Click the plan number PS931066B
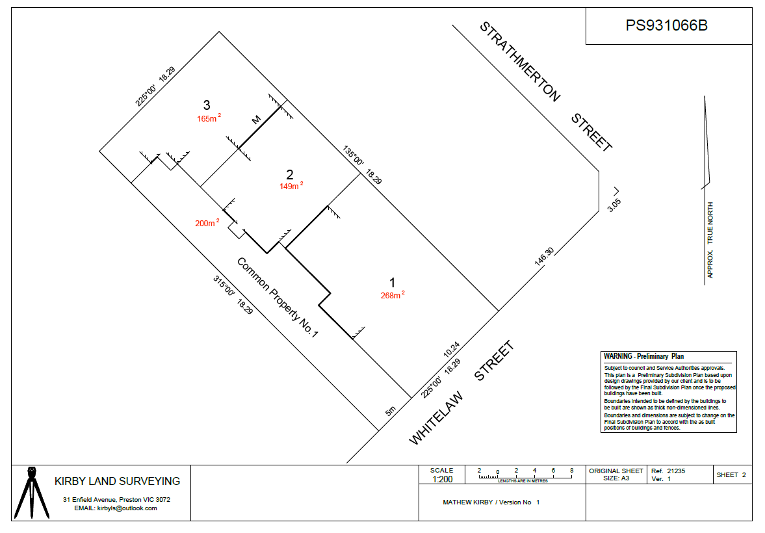pos(666,25)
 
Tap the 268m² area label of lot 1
pos(393,295)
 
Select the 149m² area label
pos(291,185)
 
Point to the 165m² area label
pos(209,118)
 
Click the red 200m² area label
pos(207,222)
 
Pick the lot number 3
pos(207,105)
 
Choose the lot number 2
pos(290,174)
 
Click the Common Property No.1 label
pos(278,297)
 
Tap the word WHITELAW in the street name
pos(435,419)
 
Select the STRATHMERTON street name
pos(520,62)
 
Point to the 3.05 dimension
pos(614,205)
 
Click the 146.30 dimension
pos(544,257)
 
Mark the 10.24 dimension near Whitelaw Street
pos(451,350)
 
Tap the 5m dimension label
pos(391,411)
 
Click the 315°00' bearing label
pos(224,285)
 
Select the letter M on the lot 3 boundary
pos(256,120)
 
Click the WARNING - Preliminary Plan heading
pos(643,356)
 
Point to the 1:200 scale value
pos(443,479)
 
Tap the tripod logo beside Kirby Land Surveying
pos(32,493)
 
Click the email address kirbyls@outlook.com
pos(127,508)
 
